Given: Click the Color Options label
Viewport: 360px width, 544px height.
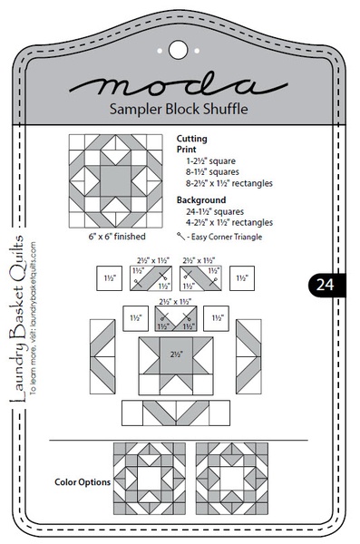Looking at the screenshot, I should (x=82, y=482).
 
